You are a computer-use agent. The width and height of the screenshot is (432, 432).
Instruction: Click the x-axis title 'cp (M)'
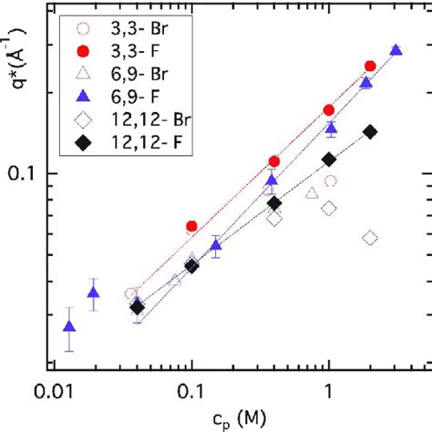(229, 417)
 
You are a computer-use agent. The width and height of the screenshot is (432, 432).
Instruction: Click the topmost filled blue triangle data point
(396, 50)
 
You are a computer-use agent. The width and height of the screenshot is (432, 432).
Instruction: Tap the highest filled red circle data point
(370, 66)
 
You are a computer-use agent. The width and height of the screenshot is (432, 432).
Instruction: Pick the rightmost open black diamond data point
(370, 238)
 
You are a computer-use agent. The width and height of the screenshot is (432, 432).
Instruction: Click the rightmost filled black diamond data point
(370, 131)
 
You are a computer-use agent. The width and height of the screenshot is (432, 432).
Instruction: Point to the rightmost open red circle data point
(330, 181)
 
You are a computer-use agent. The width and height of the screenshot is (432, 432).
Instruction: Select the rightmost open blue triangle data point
(312, 192)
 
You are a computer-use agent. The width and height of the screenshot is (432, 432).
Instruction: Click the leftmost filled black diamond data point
(138, 307)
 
